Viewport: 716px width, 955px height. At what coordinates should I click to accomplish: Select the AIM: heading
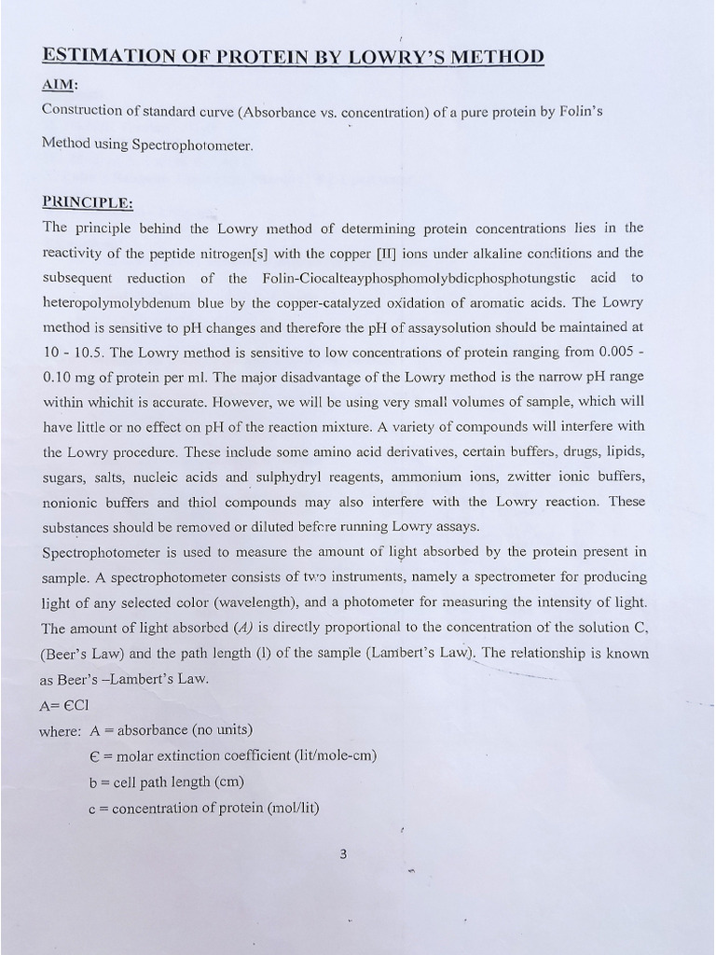point(61,85)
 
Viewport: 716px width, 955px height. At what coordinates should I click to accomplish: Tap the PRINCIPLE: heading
point(88,202)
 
